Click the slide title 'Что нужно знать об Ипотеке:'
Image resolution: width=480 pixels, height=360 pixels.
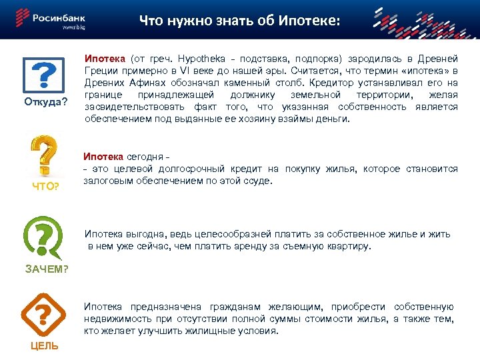tap(239, 21)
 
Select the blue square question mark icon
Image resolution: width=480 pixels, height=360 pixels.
tap(45, 75)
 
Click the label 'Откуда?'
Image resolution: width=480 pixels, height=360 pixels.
tap(46, 102)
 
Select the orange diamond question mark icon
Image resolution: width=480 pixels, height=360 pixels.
tap(44, 313)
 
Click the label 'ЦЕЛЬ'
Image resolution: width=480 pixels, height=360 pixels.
tap(44, 345)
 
